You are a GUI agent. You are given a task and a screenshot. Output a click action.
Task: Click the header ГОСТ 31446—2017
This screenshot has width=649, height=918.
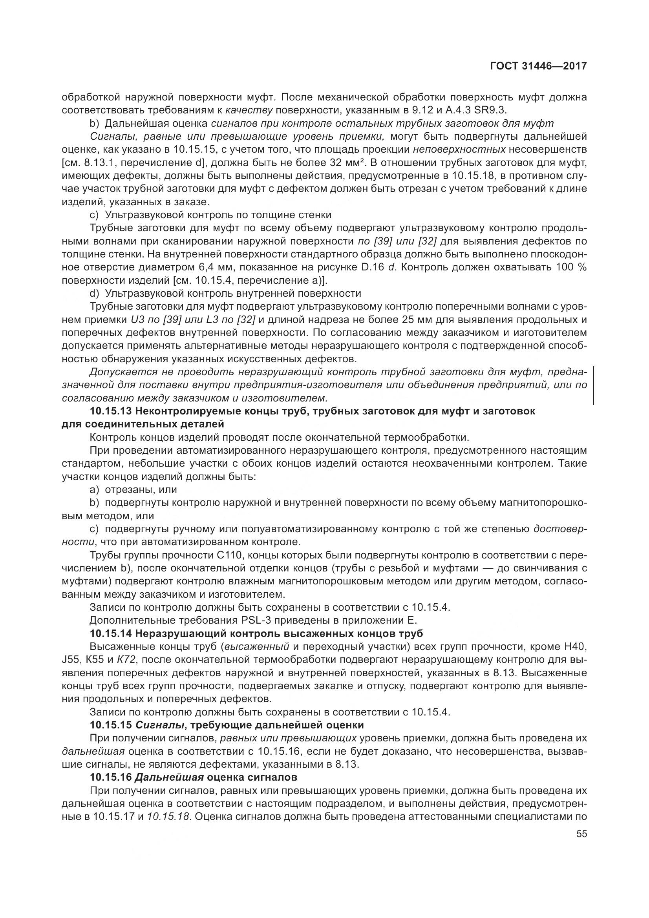coord(538,66)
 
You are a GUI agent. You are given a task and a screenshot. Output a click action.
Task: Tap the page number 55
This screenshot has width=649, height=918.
coord(581,834)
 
